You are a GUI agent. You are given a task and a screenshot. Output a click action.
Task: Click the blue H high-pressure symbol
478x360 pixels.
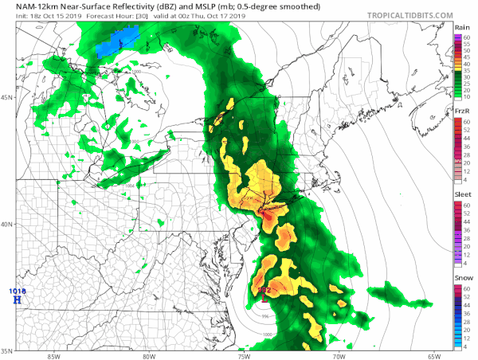point(17,300)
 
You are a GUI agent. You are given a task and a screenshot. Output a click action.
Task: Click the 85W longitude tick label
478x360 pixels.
point(53,355)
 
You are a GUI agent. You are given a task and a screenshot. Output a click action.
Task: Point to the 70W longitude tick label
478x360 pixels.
point(339,355)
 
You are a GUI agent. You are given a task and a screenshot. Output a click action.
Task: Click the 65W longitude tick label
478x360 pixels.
point(433,355)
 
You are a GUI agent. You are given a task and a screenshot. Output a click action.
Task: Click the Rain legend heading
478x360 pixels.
point(461,27)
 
